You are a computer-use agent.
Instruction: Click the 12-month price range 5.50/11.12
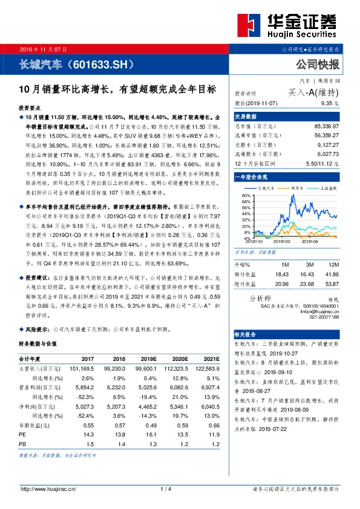(323, 163)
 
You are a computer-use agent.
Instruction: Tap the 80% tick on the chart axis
(246, 195)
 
